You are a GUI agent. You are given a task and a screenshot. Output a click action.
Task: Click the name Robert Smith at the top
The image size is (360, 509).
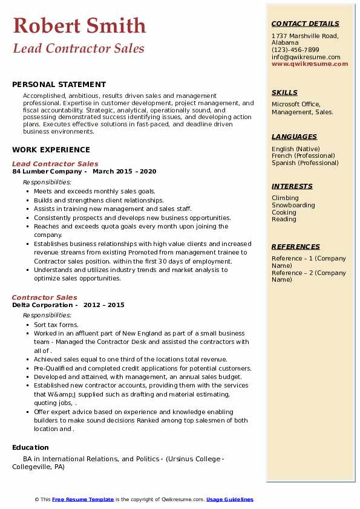(79, 25)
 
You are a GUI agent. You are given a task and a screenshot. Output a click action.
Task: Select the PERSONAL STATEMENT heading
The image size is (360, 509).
(59, 85)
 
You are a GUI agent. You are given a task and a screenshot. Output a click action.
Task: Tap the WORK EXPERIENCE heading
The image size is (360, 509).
(51, 149)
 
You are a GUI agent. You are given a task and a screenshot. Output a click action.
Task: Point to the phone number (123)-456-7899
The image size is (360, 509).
(295, 50)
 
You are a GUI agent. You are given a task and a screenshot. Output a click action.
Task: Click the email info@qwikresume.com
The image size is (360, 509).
(306, 57)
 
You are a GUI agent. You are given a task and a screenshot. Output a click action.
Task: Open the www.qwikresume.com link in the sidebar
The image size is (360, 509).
(310, 63)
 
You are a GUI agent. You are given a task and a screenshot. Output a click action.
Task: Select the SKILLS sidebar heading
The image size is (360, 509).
(284, 92)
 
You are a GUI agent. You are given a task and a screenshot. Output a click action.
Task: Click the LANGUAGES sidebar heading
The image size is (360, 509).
(294, 137)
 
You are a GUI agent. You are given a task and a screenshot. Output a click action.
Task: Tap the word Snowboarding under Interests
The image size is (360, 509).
(293, 205)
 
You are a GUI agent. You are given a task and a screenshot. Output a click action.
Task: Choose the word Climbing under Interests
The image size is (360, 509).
(285, 198)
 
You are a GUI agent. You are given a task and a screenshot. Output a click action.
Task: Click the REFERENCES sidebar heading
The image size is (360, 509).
(296, 247)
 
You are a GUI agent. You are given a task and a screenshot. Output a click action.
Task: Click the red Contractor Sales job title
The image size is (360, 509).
(45, 297)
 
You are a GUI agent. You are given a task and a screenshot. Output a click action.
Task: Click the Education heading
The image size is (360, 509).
(30, 447)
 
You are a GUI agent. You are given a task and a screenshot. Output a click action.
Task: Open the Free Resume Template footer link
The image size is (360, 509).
(83, 499)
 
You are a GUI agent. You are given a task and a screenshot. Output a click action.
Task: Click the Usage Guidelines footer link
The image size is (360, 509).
(230, 499)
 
